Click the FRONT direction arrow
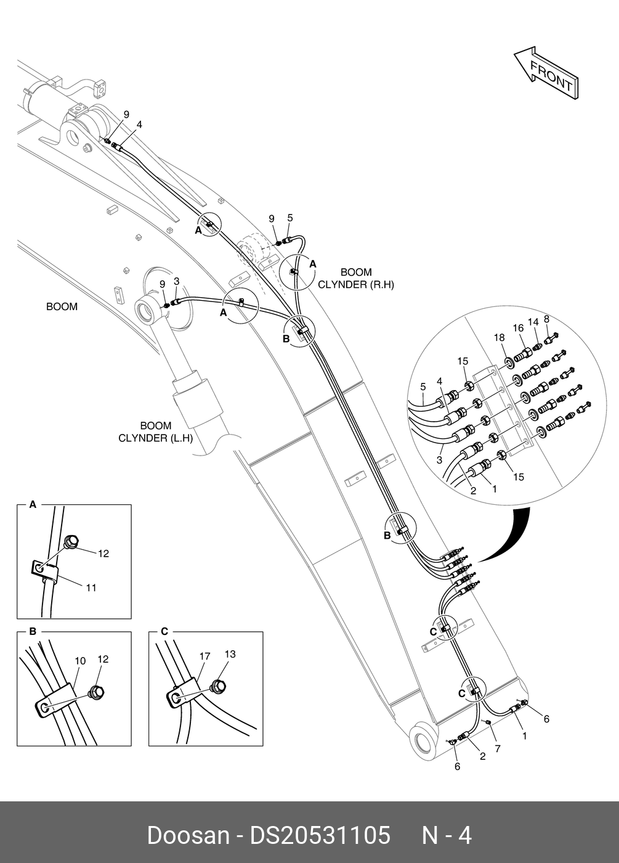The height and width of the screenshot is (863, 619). coord(546,73)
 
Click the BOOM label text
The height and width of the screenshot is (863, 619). coord(62,306)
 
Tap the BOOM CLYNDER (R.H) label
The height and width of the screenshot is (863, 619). coord(355,278)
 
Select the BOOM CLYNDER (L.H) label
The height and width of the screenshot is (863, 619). coord(155,431)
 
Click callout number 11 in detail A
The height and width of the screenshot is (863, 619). coord(91,588)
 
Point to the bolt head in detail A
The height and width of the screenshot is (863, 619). coord(71,542)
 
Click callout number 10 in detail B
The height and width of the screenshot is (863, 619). coord(80,661)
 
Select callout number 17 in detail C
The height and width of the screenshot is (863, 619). coord(204,656)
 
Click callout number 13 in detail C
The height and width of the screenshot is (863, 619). coord(230,654)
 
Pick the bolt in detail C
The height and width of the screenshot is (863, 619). coord(217,684)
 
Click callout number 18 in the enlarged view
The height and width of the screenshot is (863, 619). coord(499,337)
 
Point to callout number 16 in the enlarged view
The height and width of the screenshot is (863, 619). coord(518,328)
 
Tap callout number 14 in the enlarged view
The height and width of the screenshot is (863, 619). coord(533,322)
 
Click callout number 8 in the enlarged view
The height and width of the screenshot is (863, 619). coord(546,318)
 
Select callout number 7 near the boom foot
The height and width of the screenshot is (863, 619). coord(497,748)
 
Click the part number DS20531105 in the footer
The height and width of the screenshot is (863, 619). coord(320,835)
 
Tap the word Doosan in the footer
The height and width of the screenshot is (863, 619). coord(187,835)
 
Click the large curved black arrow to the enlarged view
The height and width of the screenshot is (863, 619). coord(511,537)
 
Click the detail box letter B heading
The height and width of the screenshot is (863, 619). coord(33,631)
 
